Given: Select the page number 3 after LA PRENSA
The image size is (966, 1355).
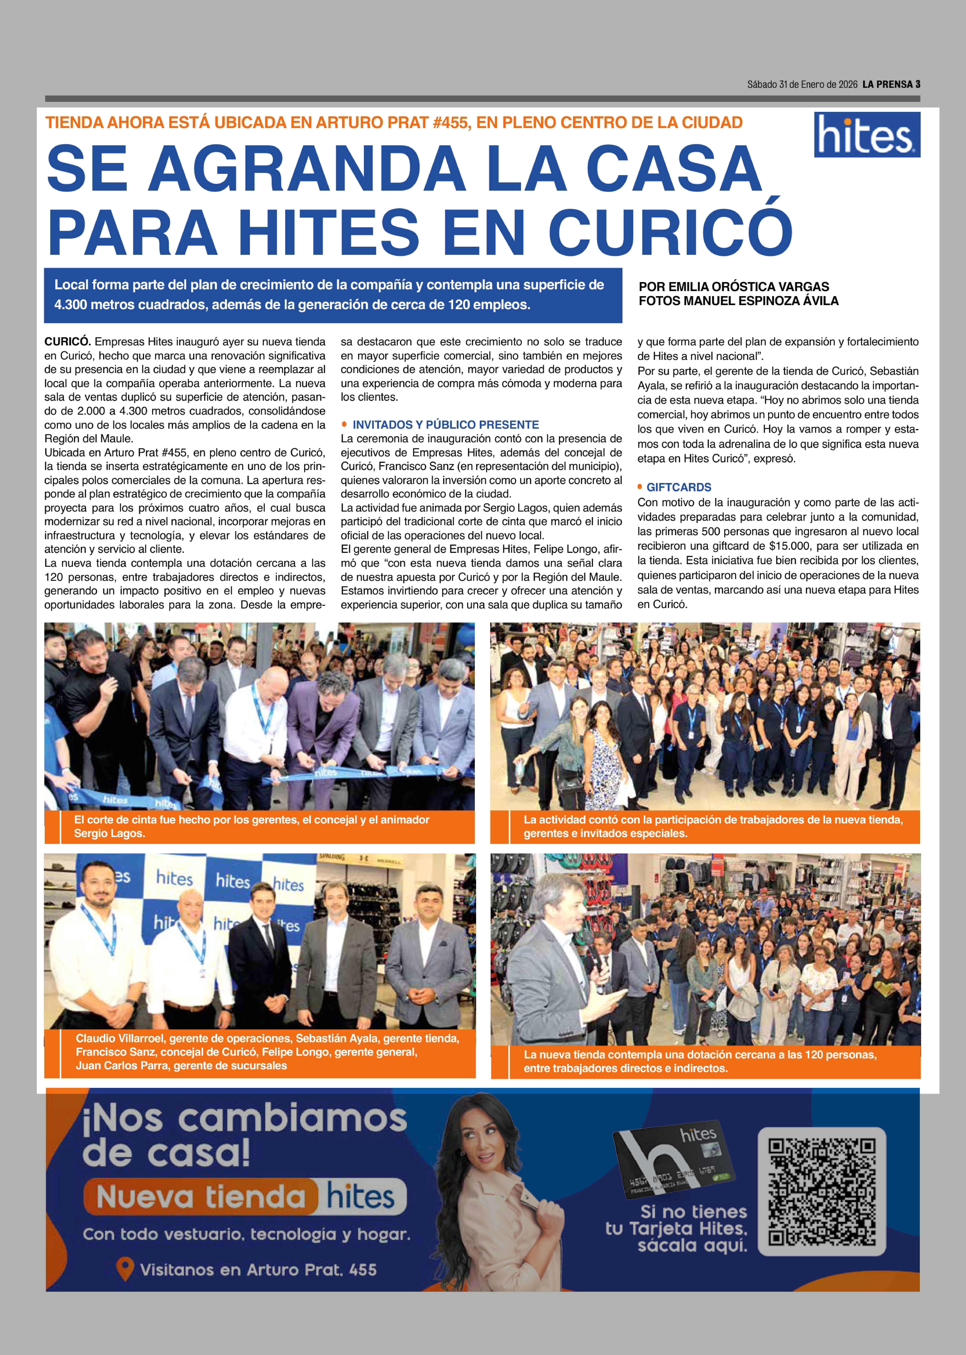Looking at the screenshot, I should [918, 84].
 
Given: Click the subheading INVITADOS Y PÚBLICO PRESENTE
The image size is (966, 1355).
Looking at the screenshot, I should [446, 425].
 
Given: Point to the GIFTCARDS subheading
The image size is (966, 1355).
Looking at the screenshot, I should [679, 487].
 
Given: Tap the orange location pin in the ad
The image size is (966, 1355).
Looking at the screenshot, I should [124, 1269].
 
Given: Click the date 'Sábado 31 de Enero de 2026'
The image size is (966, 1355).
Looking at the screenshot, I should [802, 84].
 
